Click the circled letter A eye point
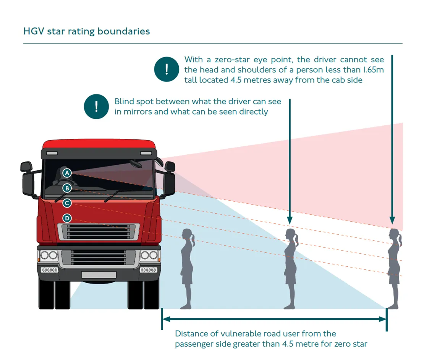(x=67, y=173)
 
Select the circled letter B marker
(x=67, y=188)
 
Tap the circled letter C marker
(x=67, y=203)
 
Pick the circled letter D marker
(x=67, y=218)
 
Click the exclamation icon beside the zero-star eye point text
(x=167, y=69)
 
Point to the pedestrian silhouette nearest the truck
(x=187, y=268)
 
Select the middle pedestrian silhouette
(x=290, y=268)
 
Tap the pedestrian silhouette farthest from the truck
(x=394, y=268)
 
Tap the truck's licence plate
(x=99, y=274)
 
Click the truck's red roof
(x=99, y=144)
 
